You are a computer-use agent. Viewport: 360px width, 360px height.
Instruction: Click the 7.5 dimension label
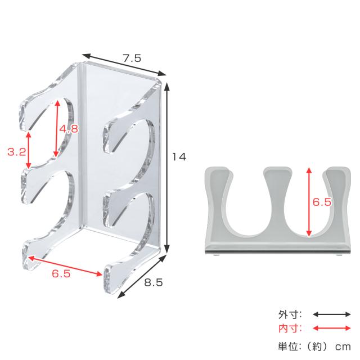pos(132,58)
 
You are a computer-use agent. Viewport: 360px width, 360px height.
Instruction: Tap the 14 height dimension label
pos(179,157)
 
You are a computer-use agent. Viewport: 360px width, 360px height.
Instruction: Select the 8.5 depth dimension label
pos(154,282)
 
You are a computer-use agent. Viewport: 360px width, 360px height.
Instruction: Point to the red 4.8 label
pos(69,129)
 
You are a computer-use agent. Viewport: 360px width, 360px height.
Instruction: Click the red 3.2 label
pos(17,152)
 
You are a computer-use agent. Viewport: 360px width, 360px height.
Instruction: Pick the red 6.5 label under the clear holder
pos(61,273)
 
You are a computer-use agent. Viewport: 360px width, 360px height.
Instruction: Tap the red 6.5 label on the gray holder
pos(322,202)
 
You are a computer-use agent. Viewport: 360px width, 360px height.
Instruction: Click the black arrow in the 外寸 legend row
pos(332,314)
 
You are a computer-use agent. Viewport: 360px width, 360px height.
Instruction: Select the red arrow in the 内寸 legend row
pos(332,328)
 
